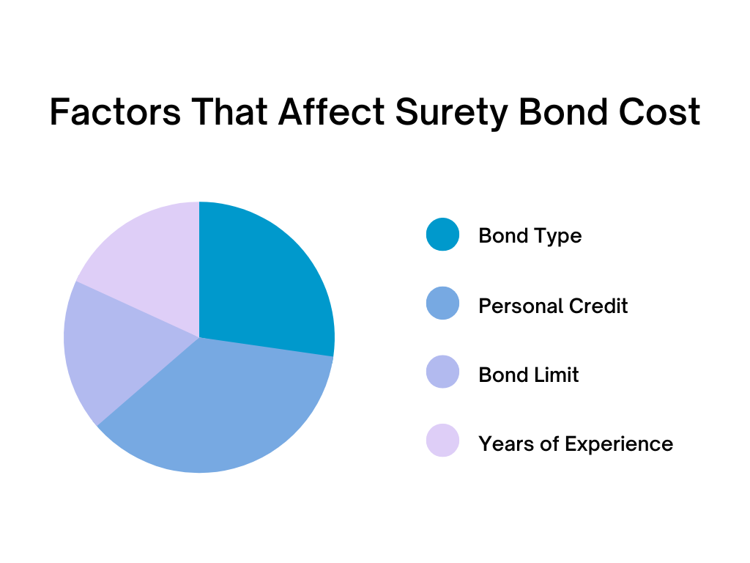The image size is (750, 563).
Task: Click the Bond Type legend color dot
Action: [442, 235]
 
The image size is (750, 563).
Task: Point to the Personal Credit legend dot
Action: [442, 303]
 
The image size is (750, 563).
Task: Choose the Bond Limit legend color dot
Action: [442, 372]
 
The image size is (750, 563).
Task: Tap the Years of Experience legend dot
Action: [442, 441]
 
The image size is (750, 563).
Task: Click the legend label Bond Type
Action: [530, 236]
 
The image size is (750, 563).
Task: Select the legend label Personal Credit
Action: [553, 306]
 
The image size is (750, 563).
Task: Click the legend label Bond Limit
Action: [529, 375]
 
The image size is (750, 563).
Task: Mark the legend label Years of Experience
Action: [576, 444]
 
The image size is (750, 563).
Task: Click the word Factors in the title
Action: [115, 112]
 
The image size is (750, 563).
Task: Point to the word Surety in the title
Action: [452, 114]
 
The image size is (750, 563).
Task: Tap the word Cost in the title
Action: [660, 112]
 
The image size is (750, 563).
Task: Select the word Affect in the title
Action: [332, 112]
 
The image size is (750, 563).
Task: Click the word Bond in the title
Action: [564, 112]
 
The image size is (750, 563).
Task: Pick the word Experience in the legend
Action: [619, 444]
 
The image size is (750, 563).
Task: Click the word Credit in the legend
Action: [598, 306]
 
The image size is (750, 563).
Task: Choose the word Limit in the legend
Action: [557, 375]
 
